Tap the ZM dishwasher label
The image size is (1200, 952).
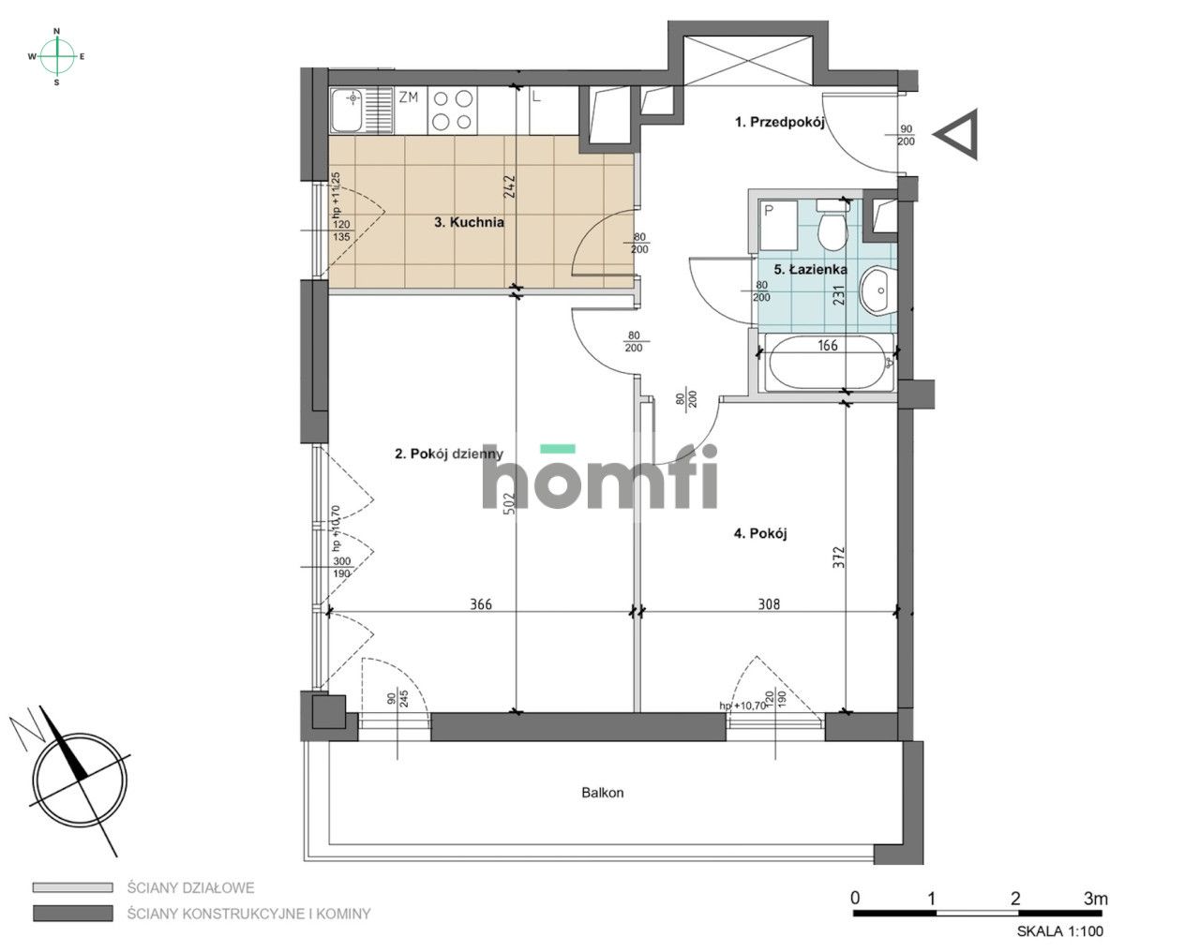click(408, 97)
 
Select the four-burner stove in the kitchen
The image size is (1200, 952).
click(452, 111)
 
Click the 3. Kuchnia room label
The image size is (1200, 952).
click(469, 222)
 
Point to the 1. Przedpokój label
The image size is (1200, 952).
click(780, 122)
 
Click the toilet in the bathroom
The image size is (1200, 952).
click(832, 225)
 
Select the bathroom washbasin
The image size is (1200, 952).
click(877, 290)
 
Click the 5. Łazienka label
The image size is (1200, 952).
click(810, 270)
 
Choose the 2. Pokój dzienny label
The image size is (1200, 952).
click(449, 454)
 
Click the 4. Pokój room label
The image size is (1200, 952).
click(760, 534)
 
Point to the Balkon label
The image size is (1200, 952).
click(602, 793)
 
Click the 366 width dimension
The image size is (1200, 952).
click(481, 604)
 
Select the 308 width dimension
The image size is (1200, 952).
click(769, 604)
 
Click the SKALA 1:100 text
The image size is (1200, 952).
click(1060, 931)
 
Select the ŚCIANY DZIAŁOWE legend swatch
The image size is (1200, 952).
click(72, 887)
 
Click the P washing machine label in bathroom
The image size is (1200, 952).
click(769, 211)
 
